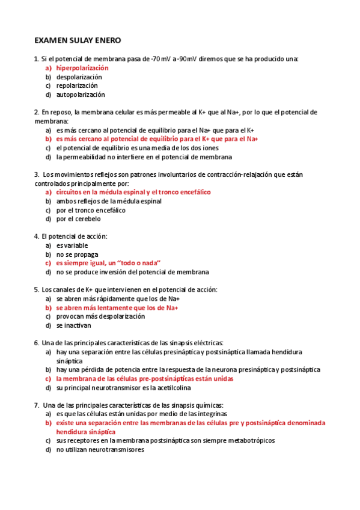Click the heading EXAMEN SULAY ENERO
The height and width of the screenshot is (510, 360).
pyautogui.click(x=78, y=40)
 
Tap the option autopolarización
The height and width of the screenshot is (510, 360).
pyautogui.click(x=81, y=94)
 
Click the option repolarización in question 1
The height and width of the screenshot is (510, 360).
pyautogui.click(x=77, y=85)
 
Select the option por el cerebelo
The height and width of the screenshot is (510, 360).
pyautogui.click(x=79, y=219)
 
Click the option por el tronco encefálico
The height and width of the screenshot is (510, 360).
pyautogui.click(x=91, y=210)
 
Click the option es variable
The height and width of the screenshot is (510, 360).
pyautogui.click(x=72, y=245)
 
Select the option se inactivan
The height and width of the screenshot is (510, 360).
pyautogui.click(x=74, y=325)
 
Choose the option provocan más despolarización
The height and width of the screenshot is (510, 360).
pyautogui.click(x=100, y=316)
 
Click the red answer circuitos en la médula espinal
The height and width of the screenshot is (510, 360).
pyautogui.click(x=133, y=192)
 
